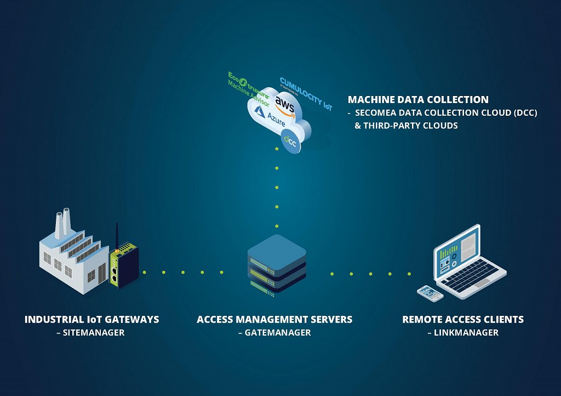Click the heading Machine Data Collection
pyautogui.click(x=418, y=100)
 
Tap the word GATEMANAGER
pyautogui.click(x=274, y=332)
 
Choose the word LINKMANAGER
pyautogui.click(x=463, y=332)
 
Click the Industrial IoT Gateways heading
pyautogui.click(x=91, y=319)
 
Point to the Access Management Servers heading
pyautogui.click(x=274, y=319)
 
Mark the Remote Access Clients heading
pyautogui.click(x=463, y=319)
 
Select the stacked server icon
pyautogui.click(x=276, y=262)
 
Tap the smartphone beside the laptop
pyautogui.click(x=430, y=293)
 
